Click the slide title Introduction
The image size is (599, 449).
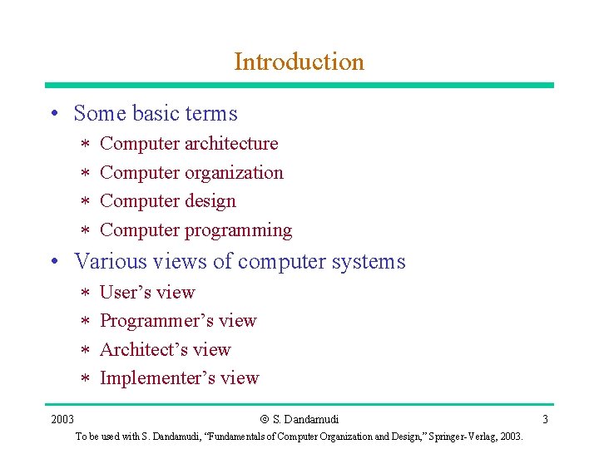(x=299, y=62)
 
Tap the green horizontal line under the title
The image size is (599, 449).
(x=299, y=85)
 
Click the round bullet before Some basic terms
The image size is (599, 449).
(x=53, y=115)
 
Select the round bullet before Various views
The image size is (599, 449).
(x=53, y=263)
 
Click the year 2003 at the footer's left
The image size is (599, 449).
(x=62, y=419)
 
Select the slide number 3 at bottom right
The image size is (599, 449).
(x=545, y=419)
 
